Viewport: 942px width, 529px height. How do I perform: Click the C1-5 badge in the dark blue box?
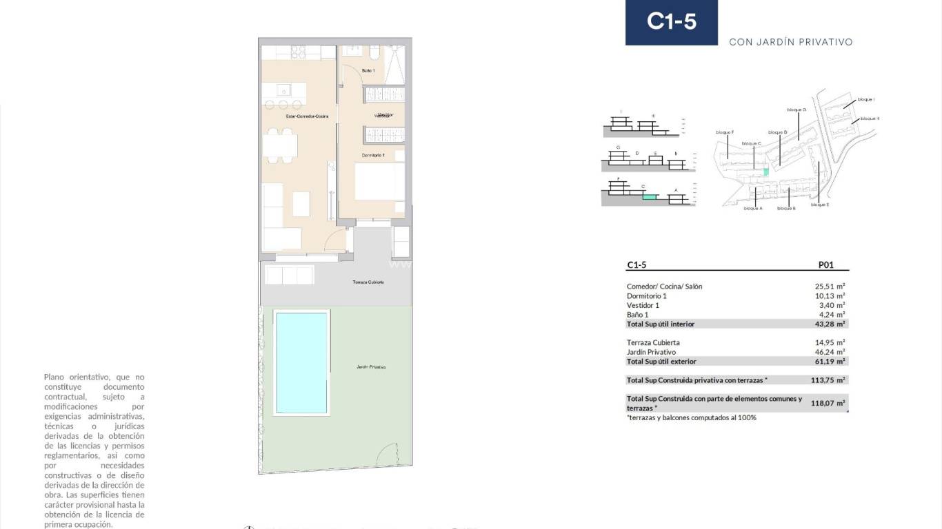tap(671, 22)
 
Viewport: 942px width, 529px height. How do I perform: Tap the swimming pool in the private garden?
tap(301, 362)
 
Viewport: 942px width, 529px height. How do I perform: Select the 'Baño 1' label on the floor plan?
tap(368, 71)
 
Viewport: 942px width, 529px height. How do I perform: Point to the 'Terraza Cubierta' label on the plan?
tap(368, 282)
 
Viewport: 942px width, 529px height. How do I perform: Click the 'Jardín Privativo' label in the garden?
tap(371, 367)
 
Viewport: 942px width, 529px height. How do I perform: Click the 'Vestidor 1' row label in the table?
tap(643, 305)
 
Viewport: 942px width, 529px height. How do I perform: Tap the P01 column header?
tap(825, 264)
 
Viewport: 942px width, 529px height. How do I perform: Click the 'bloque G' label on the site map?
tap(796, 110)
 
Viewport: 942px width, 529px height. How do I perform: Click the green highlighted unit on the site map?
tap(765, 172)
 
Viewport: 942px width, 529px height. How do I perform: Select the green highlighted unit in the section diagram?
tap(648, 196)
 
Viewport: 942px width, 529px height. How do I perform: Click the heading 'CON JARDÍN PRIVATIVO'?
tap(791, 42)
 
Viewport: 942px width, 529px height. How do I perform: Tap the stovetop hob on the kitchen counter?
tap(299, 53)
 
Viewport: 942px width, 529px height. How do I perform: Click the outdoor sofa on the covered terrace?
tap(289, 275)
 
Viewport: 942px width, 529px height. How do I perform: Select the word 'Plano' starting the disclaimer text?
tap(54, 377)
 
